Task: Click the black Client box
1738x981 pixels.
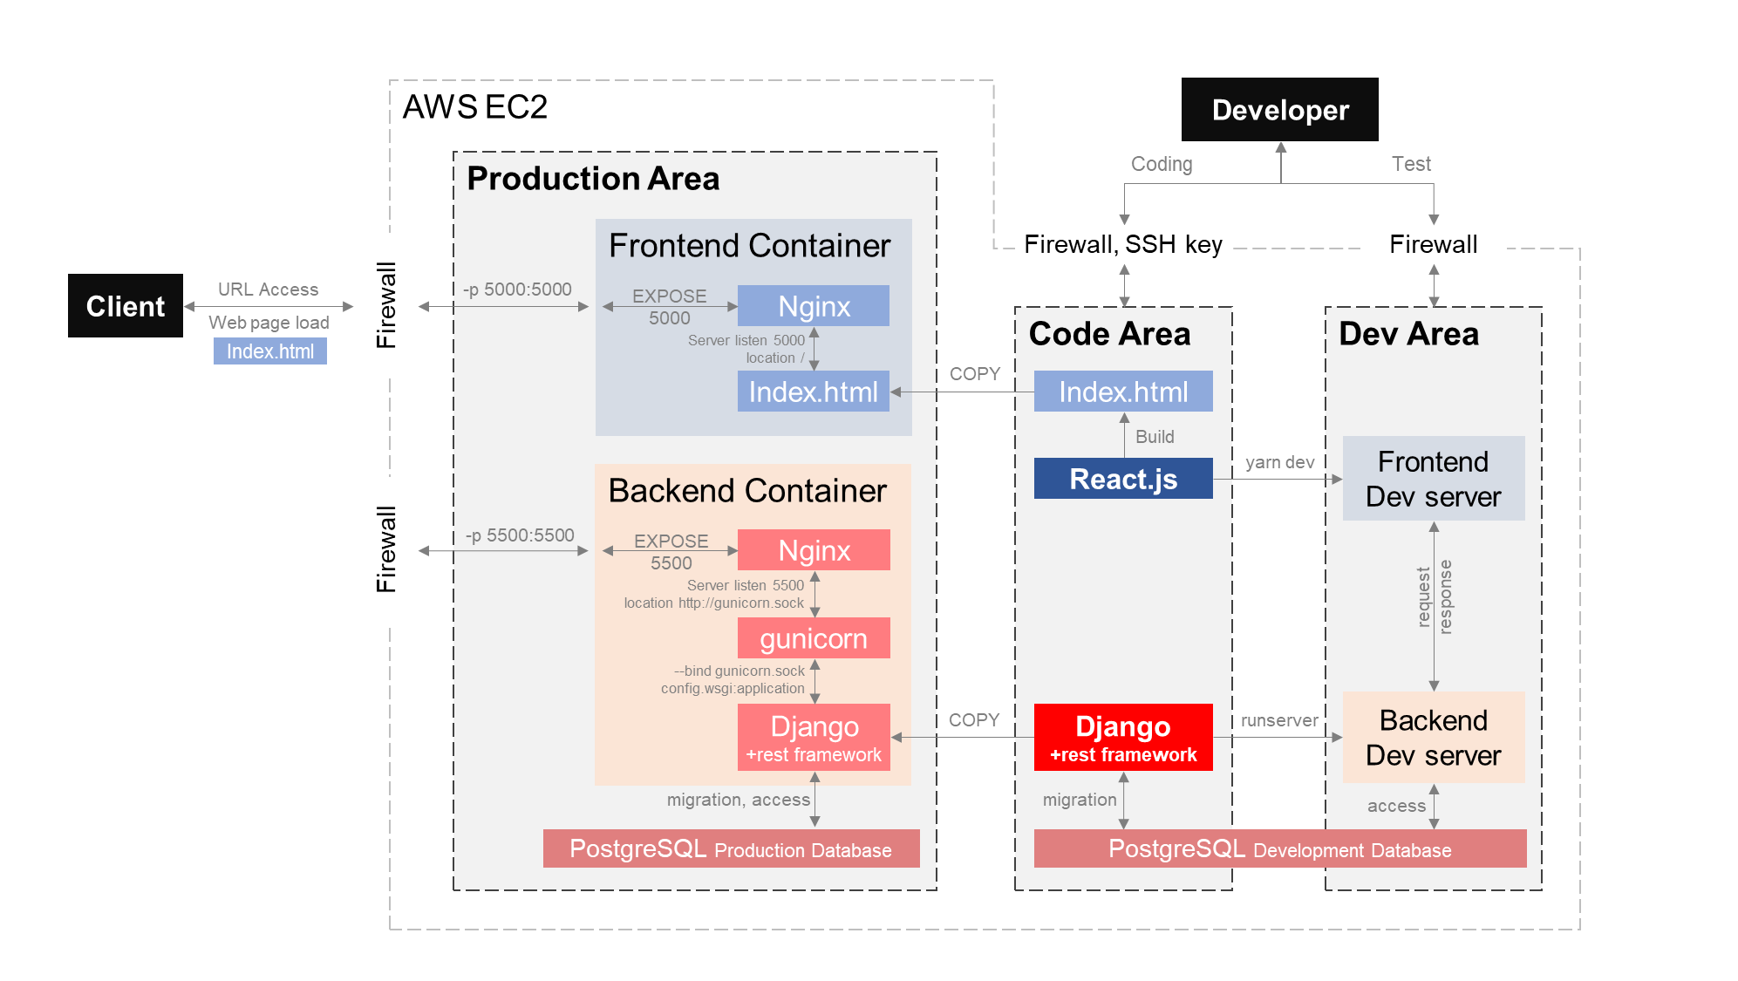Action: [126, 306]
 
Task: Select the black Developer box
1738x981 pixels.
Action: [1279, 110]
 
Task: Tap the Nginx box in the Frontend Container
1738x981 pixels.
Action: [813, 306]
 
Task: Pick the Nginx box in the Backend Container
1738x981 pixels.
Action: [814, 550]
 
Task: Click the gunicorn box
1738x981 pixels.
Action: [814, 638]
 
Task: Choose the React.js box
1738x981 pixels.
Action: [1123, 479]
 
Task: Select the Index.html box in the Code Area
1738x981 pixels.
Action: [1123, 392]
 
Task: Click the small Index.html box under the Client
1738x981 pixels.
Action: [270, 351]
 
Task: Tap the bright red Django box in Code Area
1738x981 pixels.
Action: [1123, 738]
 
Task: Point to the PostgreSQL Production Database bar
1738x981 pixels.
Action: [731, 848]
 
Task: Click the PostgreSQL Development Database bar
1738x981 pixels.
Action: [1279, 848]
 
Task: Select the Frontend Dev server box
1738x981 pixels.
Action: [1433, 479]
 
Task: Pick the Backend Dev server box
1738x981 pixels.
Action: [1433, 738]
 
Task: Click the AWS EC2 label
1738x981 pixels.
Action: [475, 107]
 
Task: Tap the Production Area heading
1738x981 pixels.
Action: [593, 179]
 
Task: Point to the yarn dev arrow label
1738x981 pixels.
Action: [1279, 462]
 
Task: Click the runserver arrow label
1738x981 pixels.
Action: [1279, 720]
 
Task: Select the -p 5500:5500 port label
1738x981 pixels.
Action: [520, 535]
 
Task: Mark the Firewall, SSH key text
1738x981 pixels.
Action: [1123, 244]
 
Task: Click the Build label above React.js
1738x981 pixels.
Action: [1155, 437]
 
